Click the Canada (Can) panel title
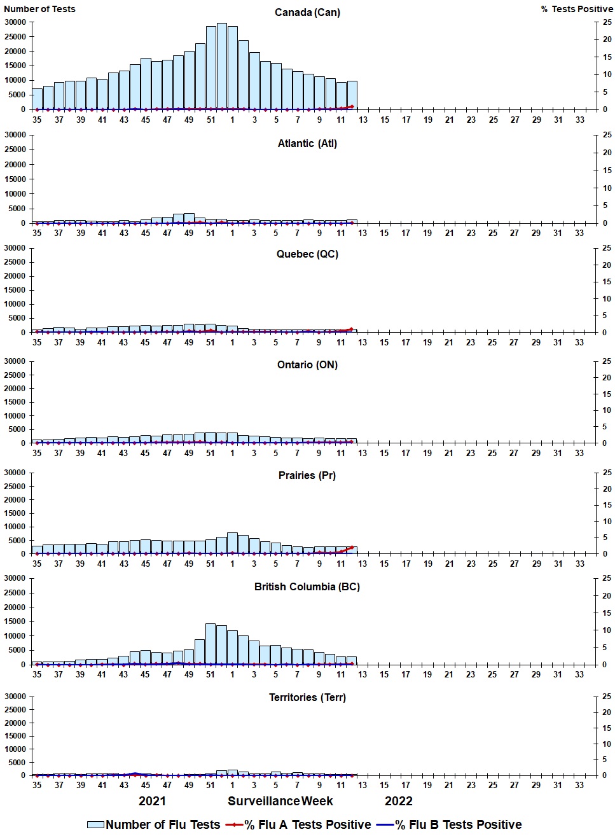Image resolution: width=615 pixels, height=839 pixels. (x=307, y=13)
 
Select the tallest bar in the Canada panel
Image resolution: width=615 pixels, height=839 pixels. (x=221, y=66)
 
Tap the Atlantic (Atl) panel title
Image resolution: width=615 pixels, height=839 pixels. (x=307, y=144)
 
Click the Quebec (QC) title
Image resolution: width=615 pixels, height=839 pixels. (x=307, y=254)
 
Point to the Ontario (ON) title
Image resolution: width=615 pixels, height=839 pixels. (x=307, y=365)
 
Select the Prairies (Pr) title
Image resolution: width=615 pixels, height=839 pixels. (x=307, y=476)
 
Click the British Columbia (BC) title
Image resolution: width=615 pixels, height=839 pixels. (x=307, y=586)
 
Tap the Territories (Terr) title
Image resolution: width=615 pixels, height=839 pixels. (x=307, y=698)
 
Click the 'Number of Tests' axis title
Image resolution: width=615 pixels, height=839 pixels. (x=39, y=9)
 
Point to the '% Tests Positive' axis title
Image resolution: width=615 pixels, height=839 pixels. (x=577, y=9)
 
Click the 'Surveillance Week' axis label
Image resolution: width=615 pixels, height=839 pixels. (x=280, y=801)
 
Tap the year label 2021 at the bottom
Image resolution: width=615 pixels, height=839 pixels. (x=152, y=801)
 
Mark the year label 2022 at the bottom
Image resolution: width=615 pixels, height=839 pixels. (x=399, y=801)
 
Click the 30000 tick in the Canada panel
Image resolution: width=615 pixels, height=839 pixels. (x=15, y=22)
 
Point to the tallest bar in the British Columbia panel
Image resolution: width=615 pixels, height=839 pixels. (x=211, y=644)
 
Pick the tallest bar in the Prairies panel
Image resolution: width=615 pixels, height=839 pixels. (x=232, y=543)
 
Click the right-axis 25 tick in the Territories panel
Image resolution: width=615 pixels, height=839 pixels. (x=607, y=697)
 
